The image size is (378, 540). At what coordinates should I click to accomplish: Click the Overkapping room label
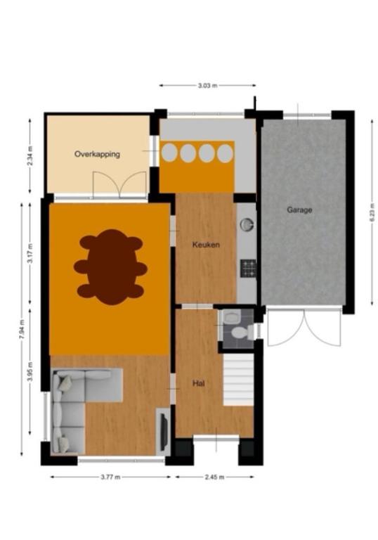click(x=97, y=154)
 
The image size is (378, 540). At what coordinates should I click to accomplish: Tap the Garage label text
click(x=299, y=210)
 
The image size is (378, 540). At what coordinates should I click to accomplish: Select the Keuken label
click(x=206, y=245)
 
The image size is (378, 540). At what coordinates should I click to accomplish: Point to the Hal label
click(x=199, y=383)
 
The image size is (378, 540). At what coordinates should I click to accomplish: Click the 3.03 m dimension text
click(x=207, y=85)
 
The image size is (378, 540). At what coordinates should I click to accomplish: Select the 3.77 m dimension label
click(x=110, y=477)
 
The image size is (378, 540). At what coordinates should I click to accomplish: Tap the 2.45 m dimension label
click(x=214, y=477)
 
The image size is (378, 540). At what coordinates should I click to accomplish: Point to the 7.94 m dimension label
click(x=22, y=330)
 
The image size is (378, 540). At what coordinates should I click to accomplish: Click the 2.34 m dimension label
click(x=30, y=156)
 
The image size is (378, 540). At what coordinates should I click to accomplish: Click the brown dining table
click(x=110, y=267)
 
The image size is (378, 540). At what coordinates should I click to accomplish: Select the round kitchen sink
click(x=247, y=224)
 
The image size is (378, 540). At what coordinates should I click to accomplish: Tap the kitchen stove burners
click(x=248, y=269)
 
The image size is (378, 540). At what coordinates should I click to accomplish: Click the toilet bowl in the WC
click(x=240, y=333)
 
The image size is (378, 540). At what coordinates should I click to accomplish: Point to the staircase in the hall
click(x=239, y=380)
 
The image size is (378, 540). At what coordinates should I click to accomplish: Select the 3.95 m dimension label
click(x=30, y=371)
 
